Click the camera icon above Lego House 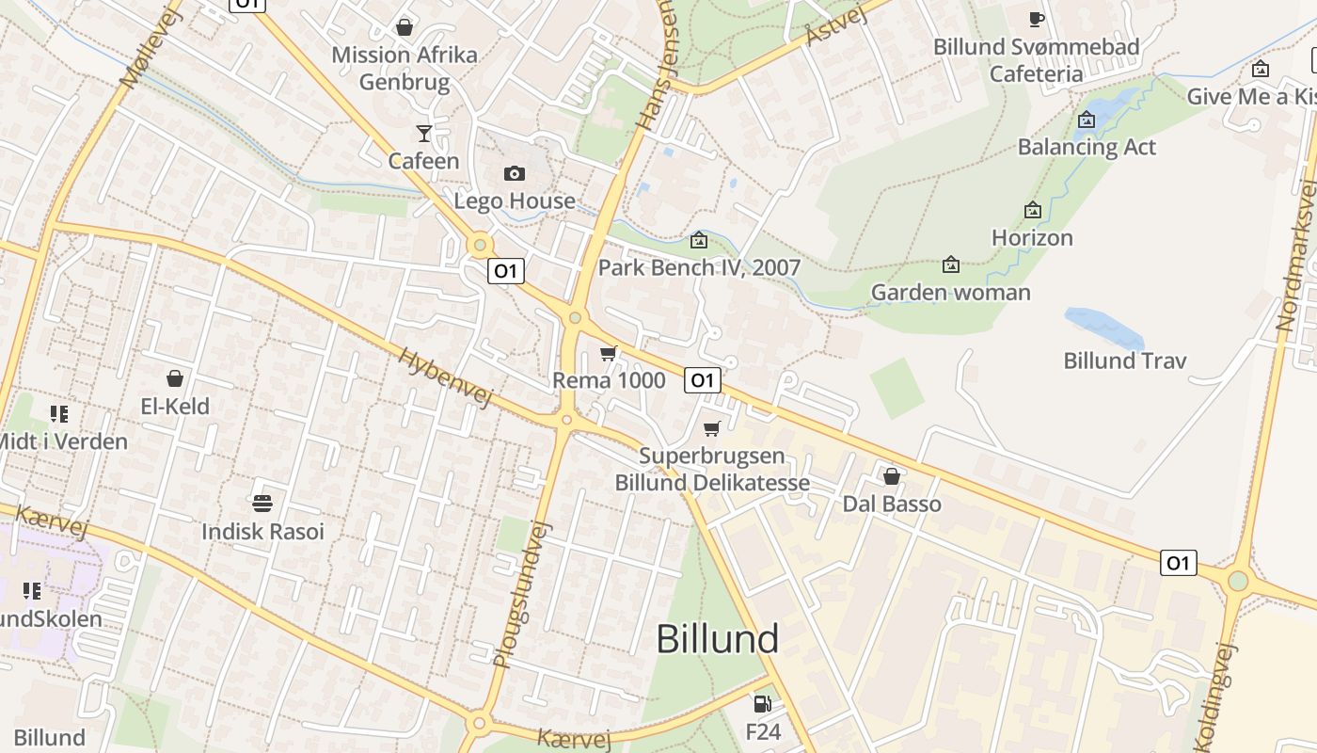point(514,173)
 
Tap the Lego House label point(515,200)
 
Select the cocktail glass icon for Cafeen point(424,133)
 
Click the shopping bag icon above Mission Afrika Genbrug point(405,27)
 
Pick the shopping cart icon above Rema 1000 point(609,354)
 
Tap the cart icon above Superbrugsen point(712,429)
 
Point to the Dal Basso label point(892,504)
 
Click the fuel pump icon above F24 point(762,704)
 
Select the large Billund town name point(717,639)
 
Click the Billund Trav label point(1125,360)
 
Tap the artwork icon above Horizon point(1032,210)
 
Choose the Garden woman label point(951,292)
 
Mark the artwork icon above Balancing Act point(1087,120)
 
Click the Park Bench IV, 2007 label point(699,267)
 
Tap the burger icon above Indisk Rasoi point(262,504)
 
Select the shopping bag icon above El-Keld point(174,378)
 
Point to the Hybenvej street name point(445,377)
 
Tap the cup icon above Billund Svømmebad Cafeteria point(1036,19)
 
